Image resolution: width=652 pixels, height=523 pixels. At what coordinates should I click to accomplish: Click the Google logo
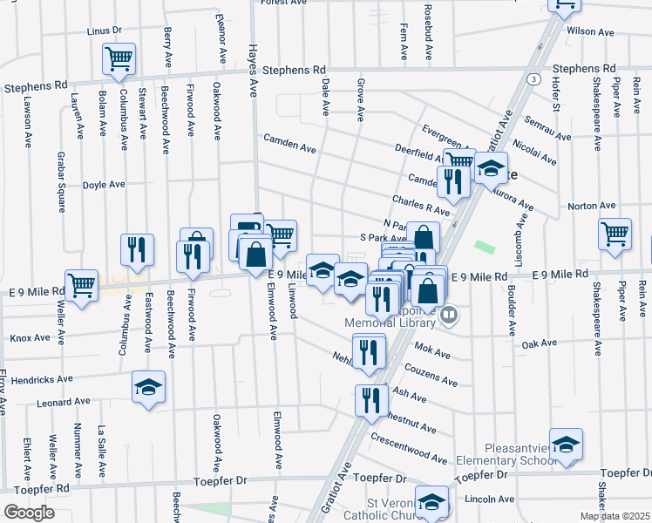29,513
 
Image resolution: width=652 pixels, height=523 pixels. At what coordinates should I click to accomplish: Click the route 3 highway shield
530,79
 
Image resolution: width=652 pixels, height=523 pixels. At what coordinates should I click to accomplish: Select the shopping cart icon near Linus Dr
119,59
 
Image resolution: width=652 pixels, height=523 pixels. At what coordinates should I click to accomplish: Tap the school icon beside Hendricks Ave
148,387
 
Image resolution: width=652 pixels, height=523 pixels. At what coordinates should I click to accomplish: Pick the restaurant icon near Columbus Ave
137,249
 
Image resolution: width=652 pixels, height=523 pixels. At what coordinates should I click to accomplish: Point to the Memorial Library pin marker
449,314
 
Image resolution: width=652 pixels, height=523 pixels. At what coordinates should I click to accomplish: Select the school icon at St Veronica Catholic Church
431,501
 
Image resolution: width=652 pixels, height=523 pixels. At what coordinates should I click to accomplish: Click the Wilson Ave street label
587,31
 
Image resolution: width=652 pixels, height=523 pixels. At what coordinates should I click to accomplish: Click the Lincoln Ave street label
490,499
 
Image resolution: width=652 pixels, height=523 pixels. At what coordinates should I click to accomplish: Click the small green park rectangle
486,248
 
